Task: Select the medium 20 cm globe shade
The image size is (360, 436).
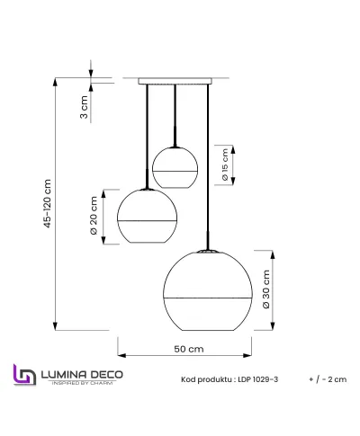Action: click(x=147, y=218)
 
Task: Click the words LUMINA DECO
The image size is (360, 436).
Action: click(x=79, y=372)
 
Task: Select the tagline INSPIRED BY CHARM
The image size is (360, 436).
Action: click(x=79, y=384)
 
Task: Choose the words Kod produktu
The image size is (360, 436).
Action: click(x=204, y=379)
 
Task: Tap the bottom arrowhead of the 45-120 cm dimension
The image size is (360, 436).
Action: click(x=57, y=327)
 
